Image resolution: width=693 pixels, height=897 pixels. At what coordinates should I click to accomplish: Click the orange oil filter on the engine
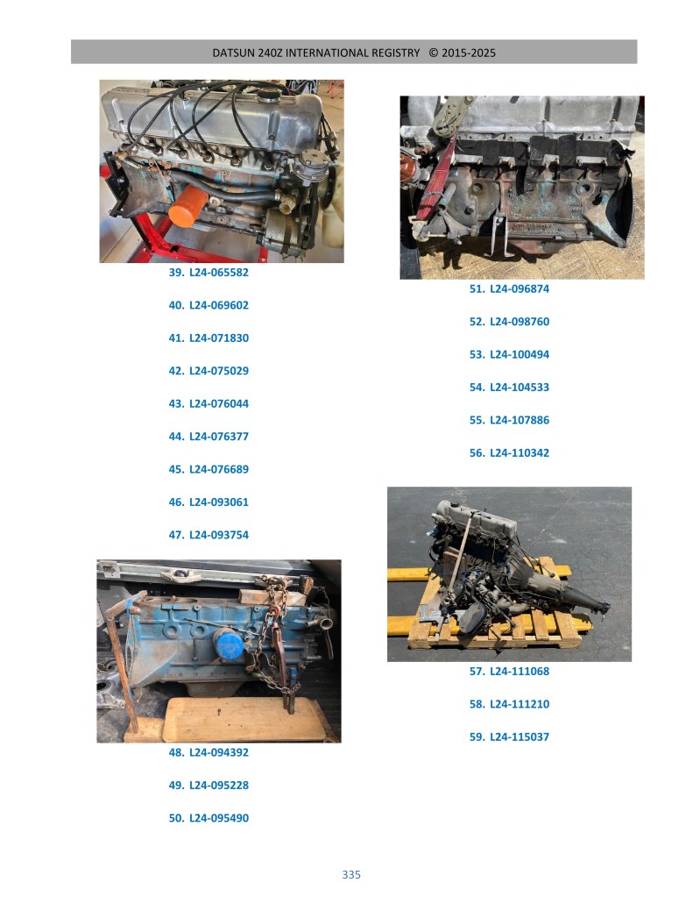click(188, 207)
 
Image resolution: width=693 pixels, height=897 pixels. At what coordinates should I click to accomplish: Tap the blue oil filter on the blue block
click(228, 644)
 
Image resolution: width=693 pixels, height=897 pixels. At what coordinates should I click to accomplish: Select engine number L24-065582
click(209, 273)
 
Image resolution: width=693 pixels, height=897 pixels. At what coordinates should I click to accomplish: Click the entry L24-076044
click(209, 403)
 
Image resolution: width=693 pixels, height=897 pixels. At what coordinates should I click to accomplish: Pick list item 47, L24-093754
click(209, 535)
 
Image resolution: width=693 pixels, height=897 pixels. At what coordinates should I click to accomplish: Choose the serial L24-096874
click(509, 288)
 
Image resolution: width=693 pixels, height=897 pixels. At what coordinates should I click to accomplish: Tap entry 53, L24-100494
click(509, 354)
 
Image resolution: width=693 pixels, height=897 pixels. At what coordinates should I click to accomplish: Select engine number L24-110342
click(509, 452)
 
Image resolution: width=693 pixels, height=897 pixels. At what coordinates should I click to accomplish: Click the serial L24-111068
click(509, 671)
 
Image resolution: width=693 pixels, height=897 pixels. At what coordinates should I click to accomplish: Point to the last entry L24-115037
click(509, 737)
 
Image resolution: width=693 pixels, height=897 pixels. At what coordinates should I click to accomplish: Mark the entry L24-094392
click(209, 752)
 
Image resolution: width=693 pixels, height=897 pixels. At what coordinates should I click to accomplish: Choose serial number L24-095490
click(209, 818)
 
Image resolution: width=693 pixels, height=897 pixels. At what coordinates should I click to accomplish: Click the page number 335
click(351, 874)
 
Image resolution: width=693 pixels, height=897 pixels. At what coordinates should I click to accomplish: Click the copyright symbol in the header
click(434, 53)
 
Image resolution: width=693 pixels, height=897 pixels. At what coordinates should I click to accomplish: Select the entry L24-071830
click(209, 338)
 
